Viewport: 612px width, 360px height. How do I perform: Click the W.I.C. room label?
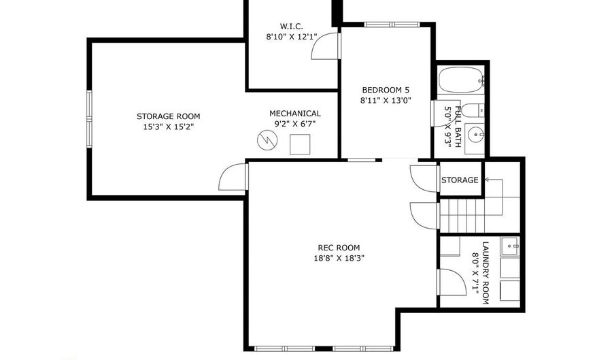click(290, 27)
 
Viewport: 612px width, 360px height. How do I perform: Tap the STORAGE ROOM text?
click(168, 116)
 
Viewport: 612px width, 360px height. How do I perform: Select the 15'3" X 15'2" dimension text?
click(168, 127)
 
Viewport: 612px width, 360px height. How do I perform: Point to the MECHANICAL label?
click(295, 114)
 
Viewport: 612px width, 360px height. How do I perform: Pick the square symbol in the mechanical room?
click(300, 144)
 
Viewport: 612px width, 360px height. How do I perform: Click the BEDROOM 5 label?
click(386, 90)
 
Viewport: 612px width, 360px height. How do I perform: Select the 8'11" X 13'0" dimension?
click(386, 100)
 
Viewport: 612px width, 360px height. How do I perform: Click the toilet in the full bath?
click(475, 109)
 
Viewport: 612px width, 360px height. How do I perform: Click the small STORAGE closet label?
click(460, 180)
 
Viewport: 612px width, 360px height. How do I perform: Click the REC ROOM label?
click(339, 248)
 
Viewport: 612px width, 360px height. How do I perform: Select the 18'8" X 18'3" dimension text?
click(339, 258)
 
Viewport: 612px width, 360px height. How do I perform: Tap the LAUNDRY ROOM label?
click(485, 272)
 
